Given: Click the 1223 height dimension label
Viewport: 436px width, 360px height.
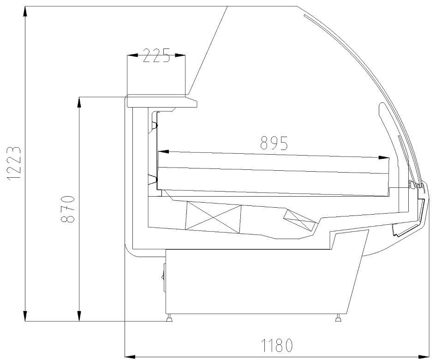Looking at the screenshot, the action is tap(14, 164).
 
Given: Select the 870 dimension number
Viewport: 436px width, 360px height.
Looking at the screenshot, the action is tap(67, 209).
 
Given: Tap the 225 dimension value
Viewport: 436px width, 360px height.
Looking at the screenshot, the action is tap(156, 55).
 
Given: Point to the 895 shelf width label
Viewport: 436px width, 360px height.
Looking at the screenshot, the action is tap(274, 143).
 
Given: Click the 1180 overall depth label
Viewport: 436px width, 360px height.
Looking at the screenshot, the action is tap(277, 346).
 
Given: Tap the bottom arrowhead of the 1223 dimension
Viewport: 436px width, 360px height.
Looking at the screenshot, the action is tap(25, 316).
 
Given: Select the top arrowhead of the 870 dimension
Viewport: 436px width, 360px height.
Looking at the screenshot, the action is tap(79, 103).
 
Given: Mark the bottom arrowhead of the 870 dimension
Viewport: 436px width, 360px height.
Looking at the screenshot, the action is tap(79, 316).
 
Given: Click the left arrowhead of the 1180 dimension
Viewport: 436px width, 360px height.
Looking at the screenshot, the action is tap(131, 356).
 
